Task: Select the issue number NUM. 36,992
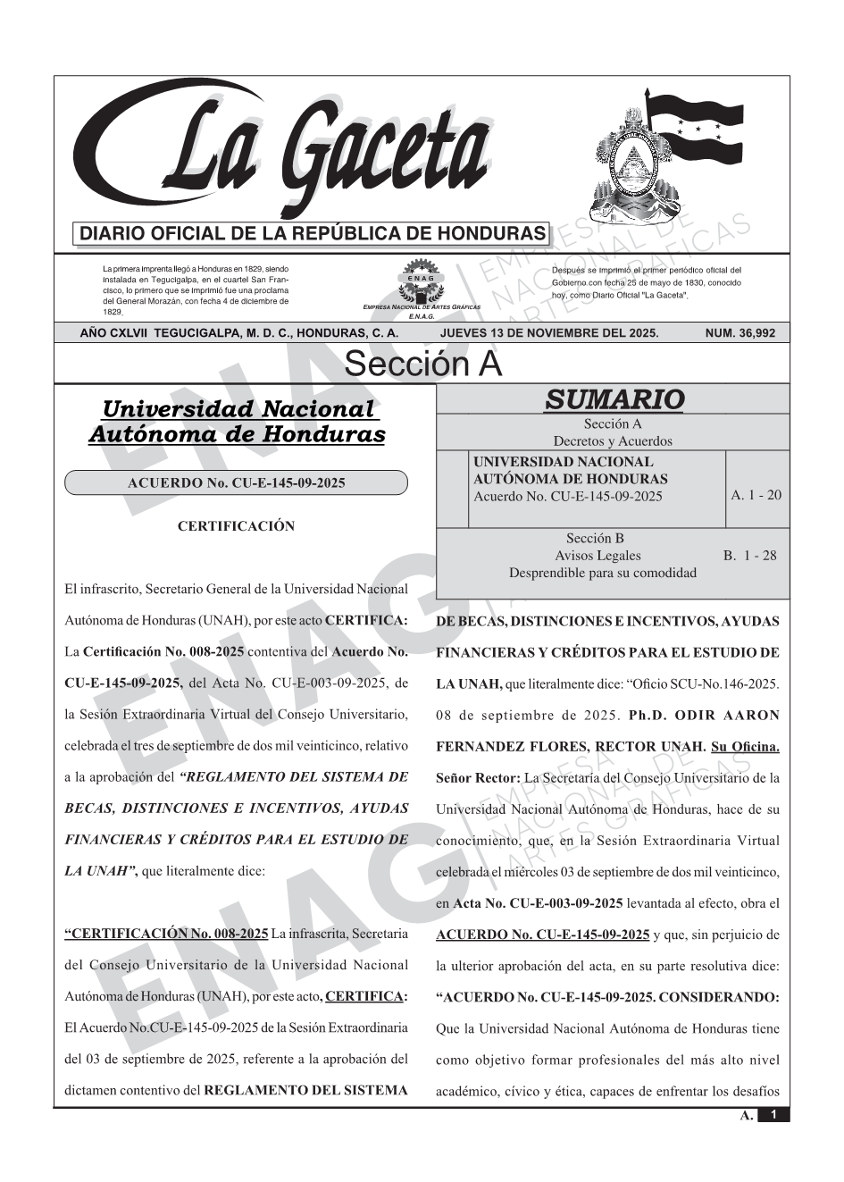click(x=740, y=333)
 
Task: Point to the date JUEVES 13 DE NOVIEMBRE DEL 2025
click(x=549, y=333)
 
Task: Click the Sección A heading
click(x=423, y=365)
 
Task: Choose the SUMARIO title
click(x=614, y=399)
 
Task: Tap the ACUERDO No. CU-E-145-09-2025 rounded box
click(x=236, y=483)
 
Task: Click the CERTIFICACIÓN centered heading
click(x=236, y=526)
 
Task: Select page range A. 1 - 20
click(x=756, y=495)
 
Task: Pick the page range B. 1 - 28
click(x=750, y=556)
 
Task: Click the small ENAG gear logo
click(x=421, y=280)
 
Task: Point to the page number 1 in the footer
click(x=773, y=1115)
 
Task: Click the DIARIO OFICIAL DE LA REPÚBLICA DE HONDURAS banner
click(x=313, y=234)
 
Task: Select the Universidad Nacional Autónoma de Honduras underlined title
click(x=237, y=422)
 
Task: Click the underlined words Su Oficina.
click(x=745, y=746)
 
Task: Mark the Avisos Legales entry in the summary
click(x=597, y=556)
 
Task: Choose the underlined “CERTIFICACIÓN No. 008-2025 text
click(x=167, y=934)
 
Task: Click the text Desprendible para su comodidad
click(x=603, y=573)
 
